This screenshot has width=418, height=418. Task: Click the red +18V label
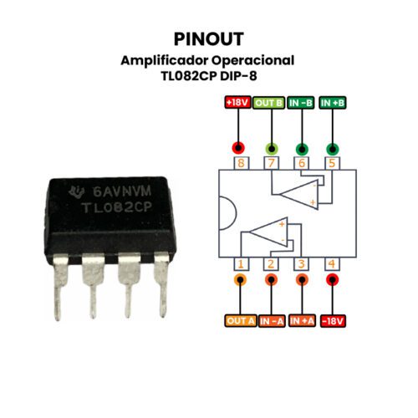(238, 103)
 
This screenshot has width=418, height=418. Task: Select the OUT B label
(269, 103)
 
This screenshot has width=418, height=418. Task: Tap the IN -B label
(301, 103)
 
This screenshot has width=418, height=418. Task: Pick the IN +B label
(333, 103)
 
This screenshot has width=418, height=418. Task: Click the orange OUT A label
(241, 321)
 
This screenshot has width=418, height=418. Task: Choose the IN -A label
(272, 321)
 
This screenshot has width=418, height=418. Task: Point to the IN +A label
(302, 321)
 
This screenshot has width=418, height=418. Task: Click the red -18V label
(333, 321)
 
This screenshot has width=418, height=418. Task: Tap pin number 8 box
(241, 163)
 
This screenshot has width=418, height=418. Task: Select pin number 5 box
(332, 163)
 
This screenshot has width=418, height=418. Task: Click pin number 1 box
(241, 263)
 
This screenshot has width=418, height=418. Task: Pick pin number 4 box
(332, 263)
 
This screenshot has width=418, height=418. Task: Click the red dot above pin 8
(238, 148)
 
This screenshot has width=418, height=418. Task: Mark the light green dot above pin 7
(272, 149)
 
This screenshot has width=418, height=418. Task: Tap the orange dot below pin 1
(241, 279)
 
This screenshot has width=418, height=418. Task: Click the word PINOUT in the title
(209, 39)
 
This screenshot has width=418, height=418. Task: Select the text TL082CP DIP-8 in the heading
(209, 76)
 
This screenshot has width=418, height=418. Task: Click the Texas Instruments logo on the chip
(76, 191)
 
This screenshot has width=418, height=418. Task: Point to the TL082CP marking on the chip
(116, 207)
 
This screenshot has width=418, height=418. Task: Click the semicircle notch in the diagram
(236, 213)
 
